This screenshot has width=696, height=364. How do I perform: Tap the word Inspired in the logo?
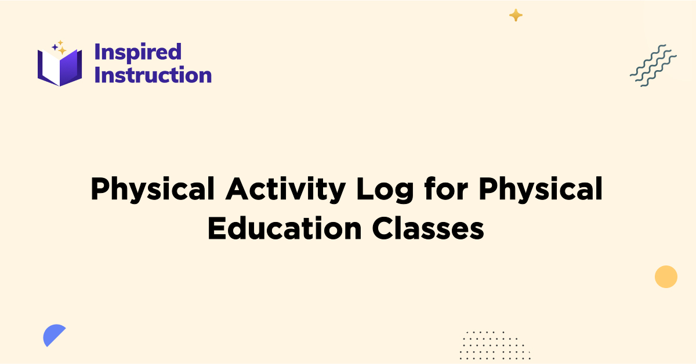coord(138,52)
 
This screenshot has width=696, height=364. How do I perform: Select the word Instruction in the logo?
coord(153,75)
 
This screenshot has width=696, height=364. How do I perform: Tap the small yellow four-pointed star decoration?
coord(516,16)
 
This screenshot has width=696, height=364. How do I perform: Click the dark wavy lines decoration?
coord(653,65)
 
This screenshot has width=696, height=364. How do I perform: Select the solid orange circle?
coord(666,276)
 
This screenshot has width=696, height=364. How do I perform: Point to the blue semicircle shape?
coord(53,334)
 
